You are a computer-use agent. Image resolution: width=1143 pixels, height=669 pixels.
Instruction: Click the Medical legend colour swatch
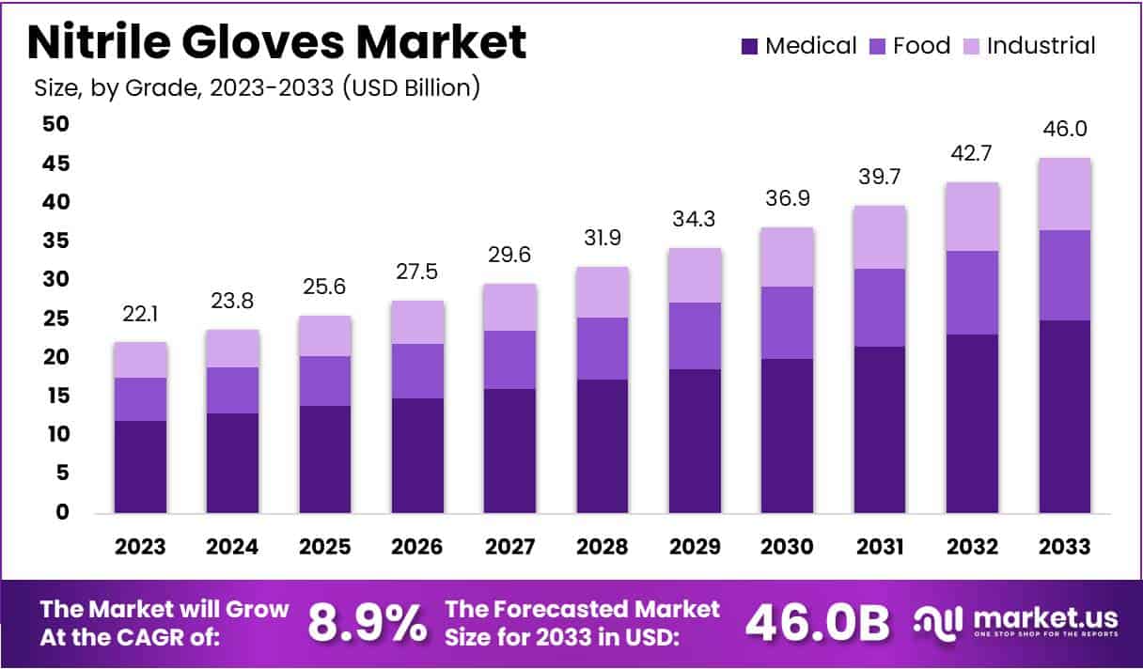[749, 46]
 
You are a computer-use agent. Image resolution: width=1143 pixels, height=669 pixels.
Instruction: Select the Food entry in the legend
[921, 46]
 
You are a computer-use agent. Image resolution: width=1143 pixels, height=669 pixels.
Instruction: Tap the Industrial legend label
[1041, 46]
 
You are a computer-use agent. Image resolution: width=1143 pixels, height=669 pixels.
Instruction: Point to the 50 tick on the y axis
[56, 125]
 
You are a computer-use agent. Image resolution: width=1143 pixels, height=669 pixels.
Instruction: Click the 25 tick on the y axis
[56, 319]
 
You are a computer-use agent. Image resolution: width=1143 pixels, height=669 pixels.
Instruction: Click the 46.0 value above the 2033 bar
[1064, 130]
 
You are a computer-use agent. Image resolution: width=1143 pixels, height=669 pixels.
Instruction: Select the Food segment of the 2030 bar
[787, 322]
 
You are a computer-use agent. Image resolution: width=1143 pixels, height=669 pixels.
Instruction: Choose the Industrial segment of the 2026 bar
[418, 322]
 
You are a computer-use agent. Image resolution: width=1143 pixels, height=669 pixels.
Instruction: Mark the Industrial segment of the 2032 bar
[972, 216]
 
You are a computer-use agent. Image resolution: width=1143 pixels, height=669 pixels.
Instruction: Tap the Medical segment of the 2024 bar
[233, 462]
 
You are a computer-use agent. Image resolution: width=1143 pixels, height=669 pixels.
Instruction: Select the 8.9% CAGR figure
[366, 623]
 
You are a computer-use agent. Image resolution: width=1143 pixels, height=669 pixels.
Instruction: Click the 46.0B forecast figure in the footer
[817, 623]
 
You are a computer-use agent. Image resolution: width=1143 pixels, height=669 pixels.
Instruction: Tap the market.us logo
[1016, 622]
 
